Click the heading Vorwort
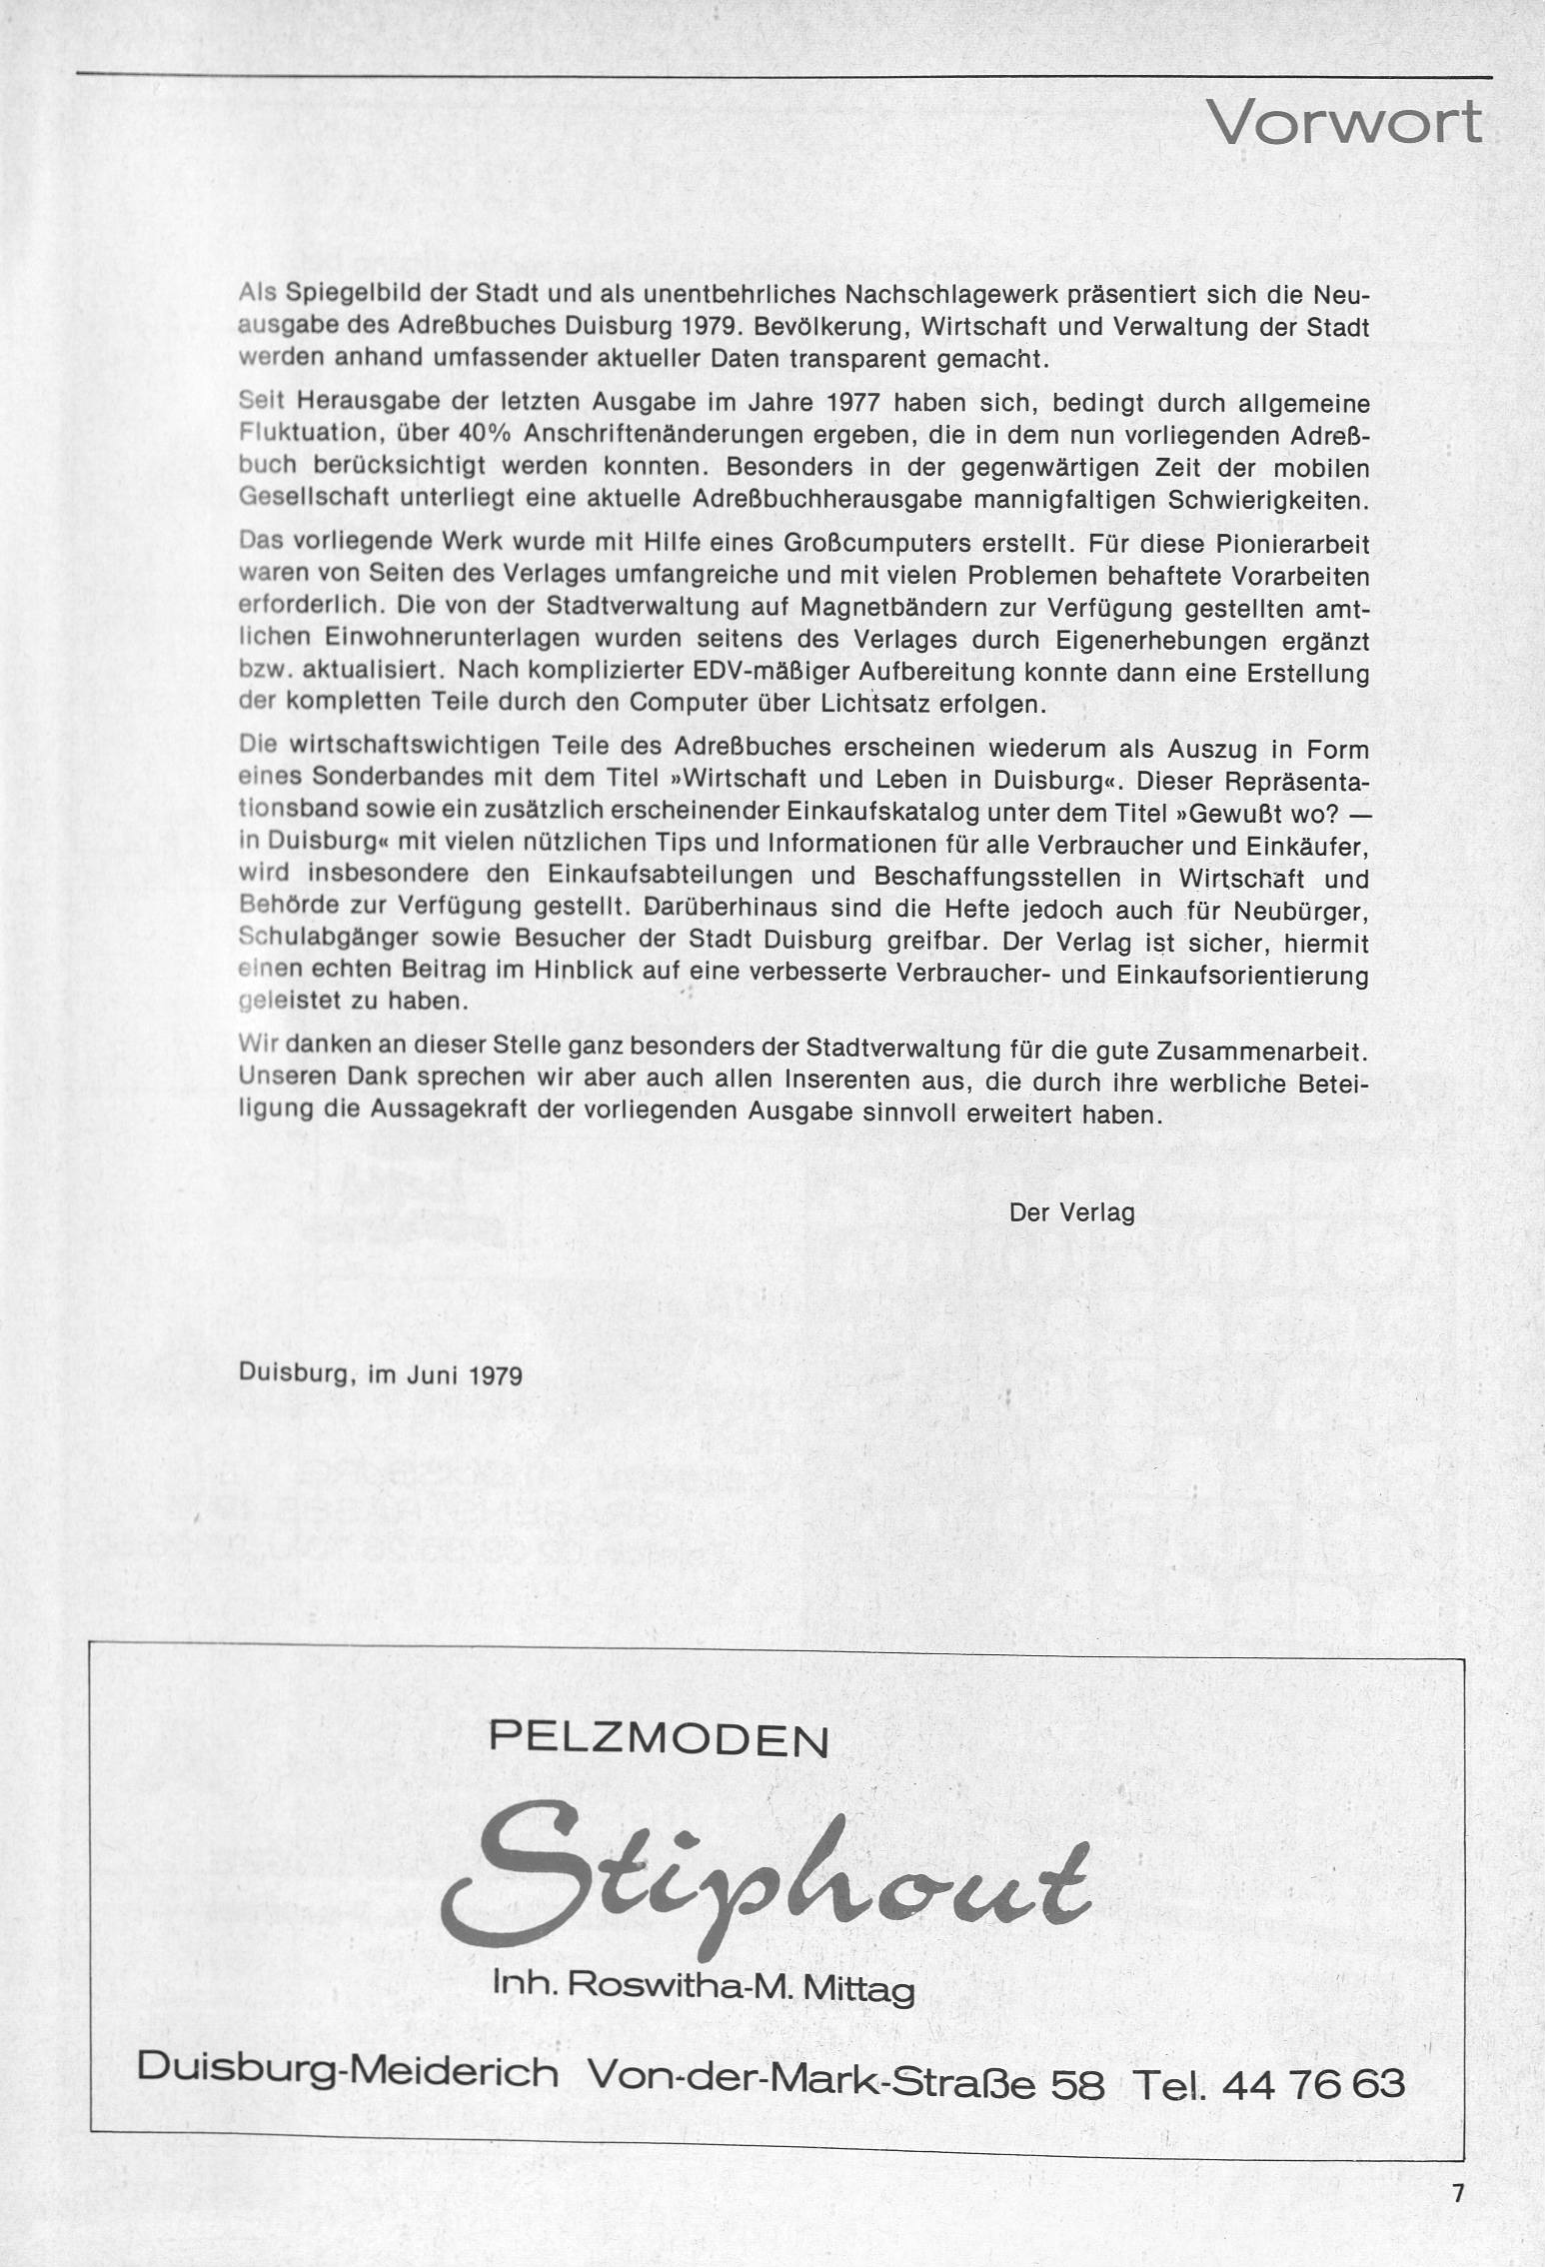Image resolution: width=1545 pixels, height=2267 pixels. [x=1344, y=123]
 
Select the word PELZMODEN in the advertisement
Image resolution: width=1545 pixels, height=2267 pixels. [x=659, y=1743]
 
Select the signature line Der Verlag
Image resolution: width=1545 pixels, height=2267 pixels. [x=1072, y=1212]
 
